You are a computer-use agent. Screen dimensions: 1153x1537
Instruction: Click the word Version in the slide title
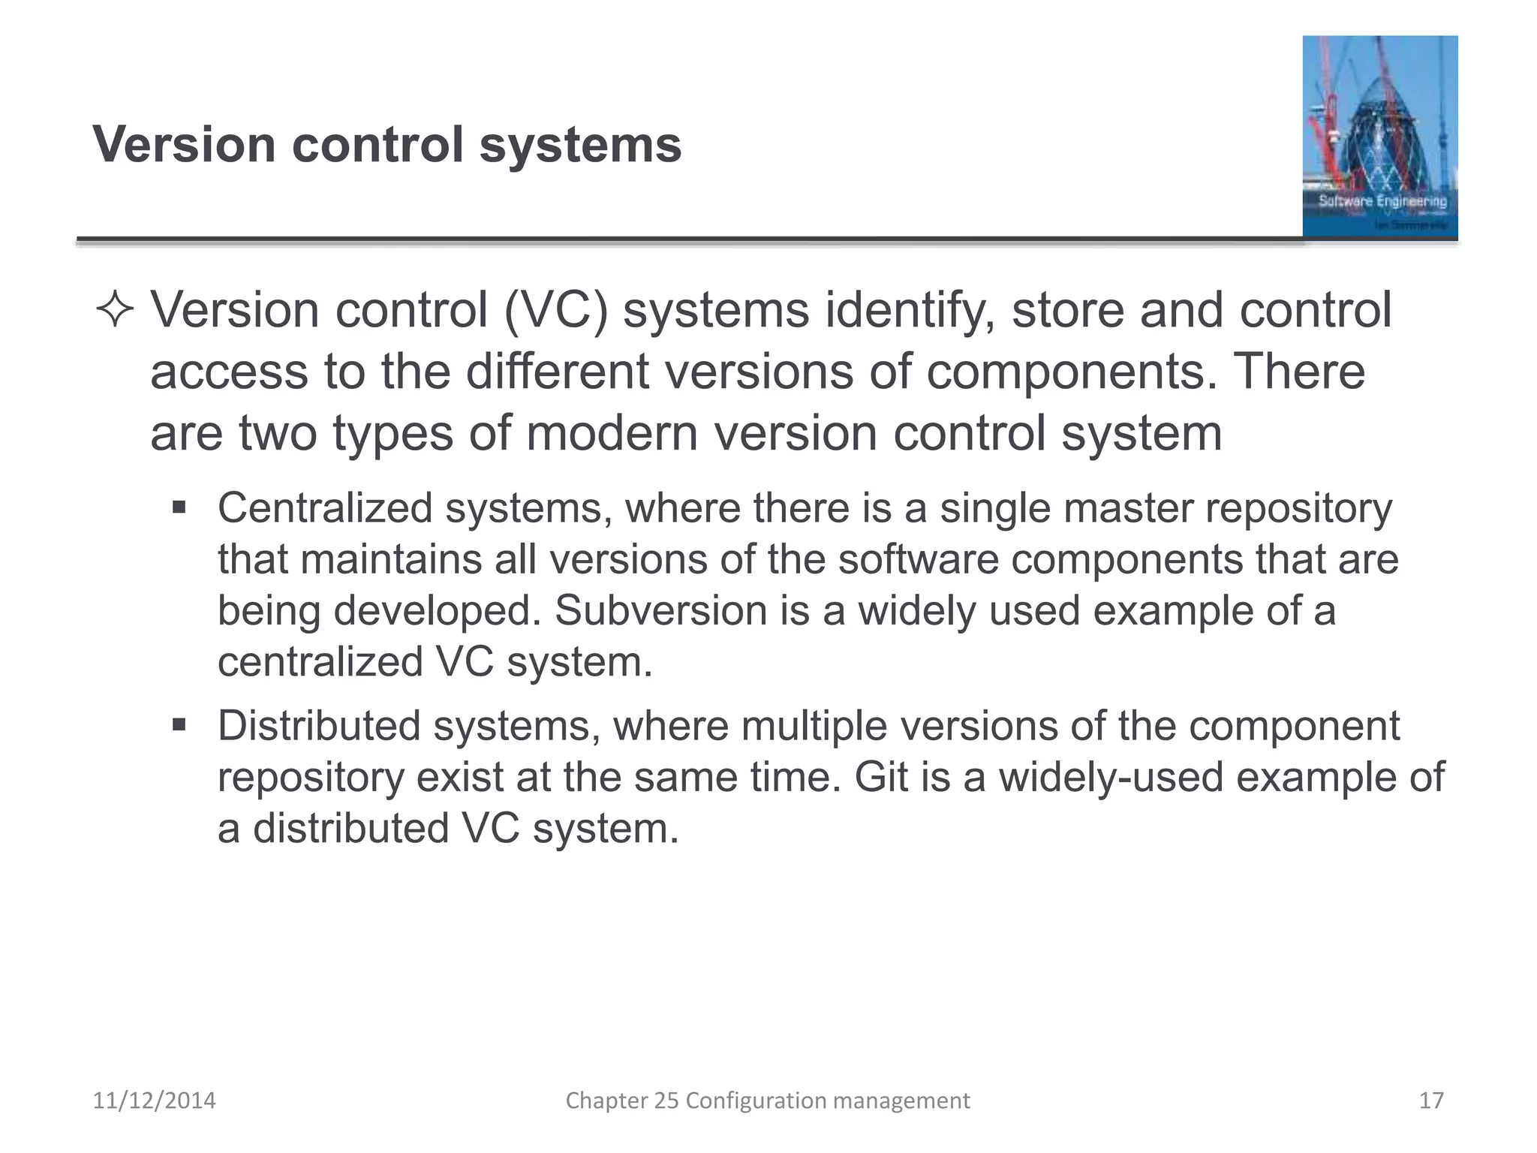(184, 144)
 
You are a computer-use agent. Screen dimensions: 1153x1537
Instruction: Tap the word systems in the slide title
(580, 146)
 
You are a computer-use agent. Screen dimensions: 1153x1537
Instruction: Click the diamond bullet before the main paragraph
(115, 311)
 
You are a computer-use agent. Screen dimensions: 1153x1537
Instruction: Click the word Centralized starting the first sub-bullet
(325, 508)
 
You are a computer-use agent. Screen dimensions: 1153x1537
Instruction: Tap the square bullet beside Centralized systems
(179, 507)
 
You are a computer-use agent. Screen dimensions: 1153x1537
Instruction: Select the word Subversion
(660, 610)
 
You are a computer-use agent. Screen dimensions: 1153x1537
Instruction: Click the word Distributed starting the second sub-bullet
(319, 726)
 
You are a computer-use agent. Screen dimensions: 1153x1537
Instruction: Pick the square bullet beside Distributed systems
(179, 725)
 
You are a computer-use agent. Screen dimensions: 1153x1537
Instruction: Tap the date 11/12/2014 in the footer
(154, 1100)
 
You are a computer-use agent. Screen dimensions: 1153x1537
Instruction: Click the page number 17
(1431, 1100)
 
